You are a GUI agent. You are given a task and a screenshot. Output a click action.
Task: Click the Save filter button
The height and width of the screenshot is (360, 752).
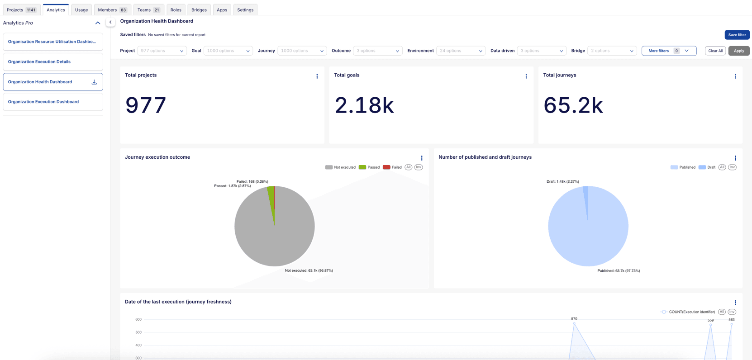(737, 35)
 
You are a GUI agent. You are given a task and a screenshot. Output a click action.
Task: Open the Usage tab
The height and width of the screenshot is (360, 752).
(81, 10)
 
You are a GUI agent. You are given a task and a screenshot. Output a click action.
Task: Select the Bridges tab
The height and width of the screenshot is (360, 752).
(199, 10)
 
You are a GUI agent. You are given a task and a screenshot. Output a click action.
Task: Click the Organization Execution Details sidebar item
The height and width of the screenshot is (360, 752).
(39, 62)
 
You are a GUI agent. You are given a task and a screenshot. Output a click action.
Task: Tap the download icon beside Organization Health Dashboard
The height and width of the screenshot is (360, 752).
(94, 82)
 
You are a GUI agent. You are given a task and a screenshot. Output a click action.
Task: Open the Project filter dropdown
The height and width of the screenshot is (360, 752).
(162, 51)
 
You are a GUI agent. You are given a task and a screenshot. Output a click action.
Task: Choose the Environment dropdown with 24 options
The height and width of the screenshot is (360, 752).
(461, 51)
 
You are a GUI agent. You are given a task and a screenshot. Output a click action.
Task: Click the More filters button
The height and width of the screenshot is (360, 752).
(668, 51)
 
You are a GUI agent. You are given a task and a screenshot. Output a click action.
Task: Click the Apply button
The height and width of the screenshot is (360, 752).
(738, 51)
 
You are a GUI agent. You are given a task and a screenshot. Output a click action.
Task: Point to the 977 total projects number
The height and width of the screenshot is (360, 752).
(146, 105)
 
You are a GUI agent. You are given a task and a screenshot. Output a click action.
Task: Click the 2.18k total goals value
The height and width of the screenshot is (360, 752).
(364, 105)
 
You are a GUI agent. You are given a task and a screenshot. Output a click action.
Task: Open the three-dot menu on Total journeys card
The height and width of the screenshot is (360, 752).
(735, 76)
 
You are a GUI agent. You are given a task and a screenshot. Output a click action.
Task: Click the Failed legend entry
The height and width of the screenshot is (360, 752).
(392, 167)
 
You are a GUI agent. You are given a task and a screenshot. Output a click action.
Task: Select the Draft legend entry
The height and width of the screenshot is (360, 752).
(707, 167)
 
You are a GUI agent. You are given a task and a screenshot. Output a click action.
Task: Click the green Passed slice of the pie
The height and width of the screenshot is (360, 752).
(271, 199)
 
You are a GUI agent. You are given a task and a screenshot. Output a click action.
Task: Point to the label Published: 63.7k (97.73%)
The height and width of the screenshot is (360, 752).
(619, 271)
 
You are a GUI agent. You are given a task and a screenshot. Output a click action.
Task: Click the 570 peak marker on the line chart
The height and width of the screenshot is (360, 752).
(574, 324)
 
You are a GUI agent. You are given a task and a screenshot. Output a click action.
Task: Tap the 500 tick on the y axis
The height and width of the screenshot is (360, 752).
(138, 332)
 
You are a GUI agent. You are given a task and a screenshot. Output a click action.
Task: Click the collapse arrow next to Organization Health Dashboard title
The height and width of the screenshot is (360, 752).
(110, 22)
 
